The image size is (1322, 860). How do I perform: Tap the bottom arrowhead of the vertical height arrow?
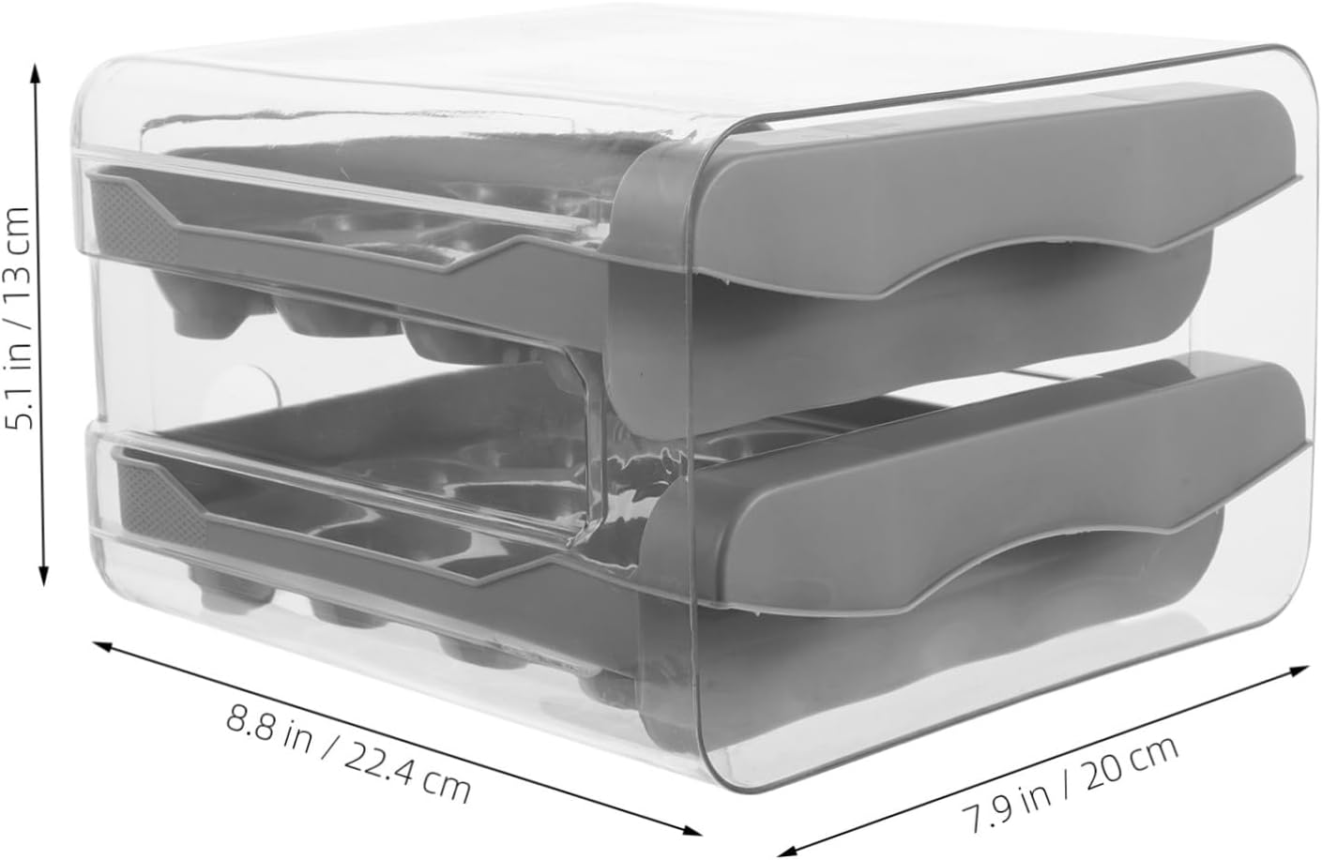(40, 580)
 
